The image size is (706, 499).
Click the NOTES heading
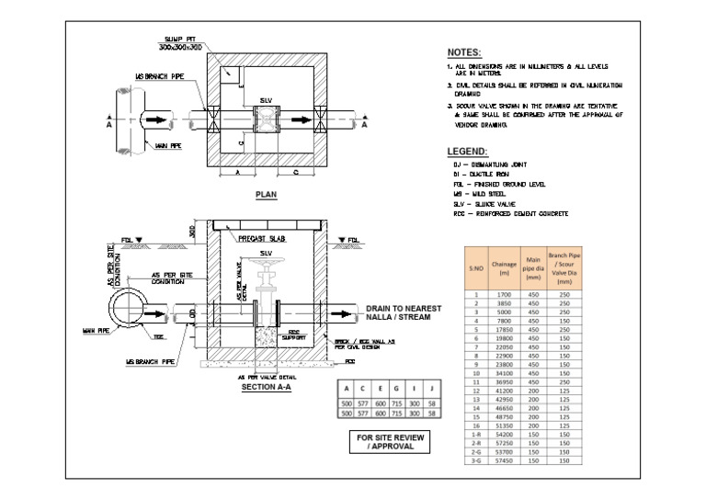click(464, 52)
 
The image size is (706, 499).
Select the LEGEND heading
click(467, 151)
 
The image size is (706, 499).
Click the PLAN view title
click(266, 195)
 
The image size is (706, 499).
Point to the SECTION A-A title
click(266, 387)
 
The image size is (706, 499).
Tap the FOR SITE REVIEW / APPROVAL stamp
click(391, 442)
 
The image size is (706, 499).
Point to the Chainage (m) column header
click(504, 267)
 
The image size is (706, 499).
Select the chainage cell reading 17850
click(504, 329)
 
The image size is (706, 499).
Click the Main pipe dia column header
click(532, 267)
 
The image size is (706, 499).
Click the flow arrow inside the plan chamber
click(300, 119)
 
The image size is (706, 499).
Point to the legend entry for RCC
click(510, 213)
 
